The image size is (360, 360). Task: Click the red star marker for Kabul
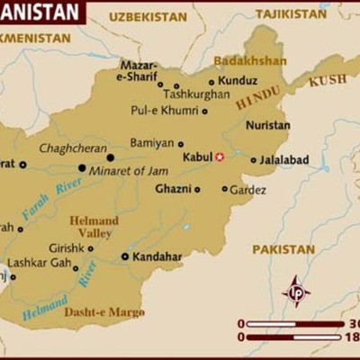point(219,157)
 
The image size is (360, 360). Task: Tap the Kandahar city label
point(157,256)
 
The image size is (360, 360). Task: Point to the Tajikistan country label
point(291,14)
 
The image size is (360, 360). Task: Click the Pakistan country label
point(283,248)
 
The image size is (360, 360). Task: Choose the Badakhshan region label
point(249,61)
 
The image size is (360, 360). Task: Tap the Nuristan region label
point(267,126)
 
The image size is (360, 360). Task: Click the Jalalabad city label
point(284,159)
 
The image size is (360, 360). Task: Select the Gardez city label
point(247,190)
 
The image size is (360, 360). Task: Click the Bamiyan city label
point(151,143)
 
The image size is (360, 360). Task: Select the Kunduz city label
point(238,81)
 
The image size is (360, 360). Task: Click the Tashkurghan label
point(196,94)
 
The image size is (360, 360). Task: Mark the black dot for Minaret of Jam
point(82,167)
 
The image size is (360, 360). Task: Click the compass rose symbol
point(296,292)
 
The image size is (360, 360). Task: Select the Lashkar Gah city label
point(39,263)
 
